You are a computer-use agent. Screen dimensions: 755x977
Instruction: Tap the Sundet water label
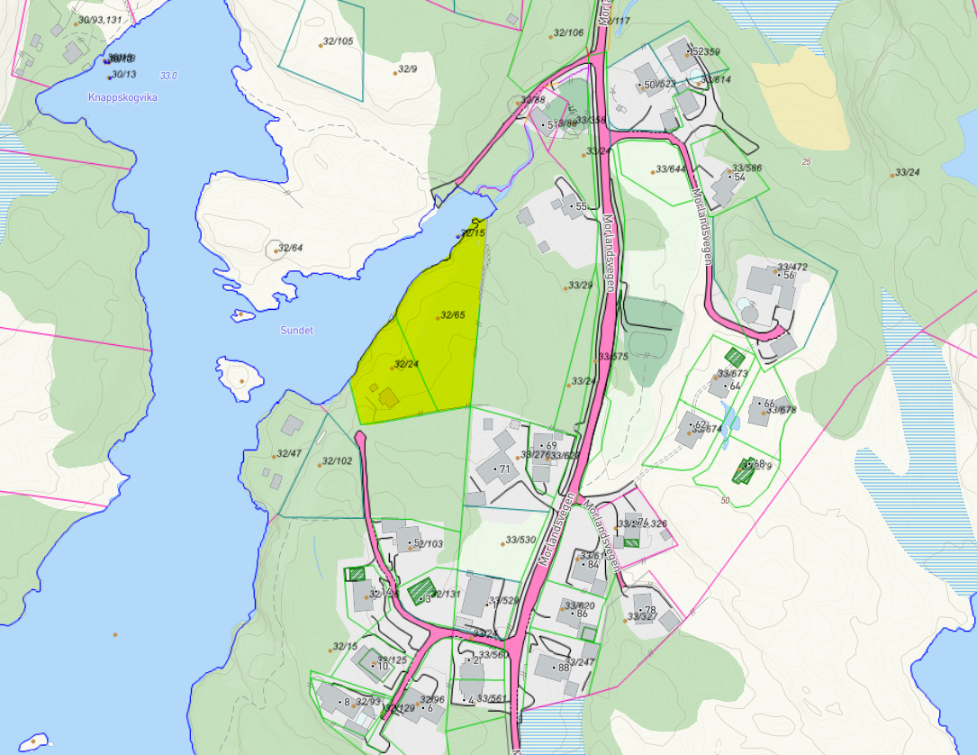click(x=296, y=331)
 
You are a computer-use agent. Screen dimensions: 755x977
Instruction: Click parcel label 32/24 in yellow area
click(x=407, y=364)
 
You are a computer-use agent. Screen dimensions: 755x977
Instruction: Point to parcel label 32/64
click(x=291, y=248)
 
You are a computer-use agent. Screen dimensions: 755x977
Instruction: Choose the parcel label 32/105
click(x=338, y=41)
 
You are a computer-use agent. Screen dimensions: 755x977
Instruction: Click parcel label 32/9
click(x=408, y=68)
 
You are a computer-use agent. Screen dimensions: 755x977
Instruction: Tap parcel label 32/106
click(x=568, y=32)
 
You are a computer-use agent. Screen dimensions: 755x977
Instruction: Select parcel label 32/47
click(x=289, y=453)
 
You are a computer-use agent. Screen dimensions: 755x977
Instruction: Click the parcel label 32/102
click(x=338, y=461)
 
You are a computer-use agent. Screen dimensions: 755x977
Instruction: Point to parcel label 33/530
click(x=520, y=540)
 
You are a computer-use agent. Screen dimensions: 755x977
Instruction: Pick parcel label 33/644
click(x=671, y=168)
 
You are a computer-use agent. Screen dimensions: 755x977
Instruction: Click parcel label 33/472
click(x=792, y=267)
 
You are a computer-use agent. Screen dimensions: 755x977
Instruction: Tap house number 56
click(x=789, y=276)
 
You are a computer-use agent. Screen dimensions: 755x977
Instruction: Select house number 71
click(x=504, y=468)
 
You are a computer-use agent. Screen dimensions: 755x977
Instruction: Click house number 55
click(x=581, y=206)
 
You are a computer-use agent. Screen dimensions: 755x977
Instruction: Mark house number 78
click(x=650, y=610)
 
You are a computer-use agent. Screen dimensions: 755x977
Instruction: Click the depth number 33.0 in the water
click(x=168, y=76)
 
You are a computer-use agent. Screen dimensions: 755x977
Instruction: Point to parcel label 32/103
click(x=428, y=544)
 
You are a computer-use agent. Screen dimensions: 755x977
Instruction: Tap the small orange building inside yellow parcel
click(x=388, y=397)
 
